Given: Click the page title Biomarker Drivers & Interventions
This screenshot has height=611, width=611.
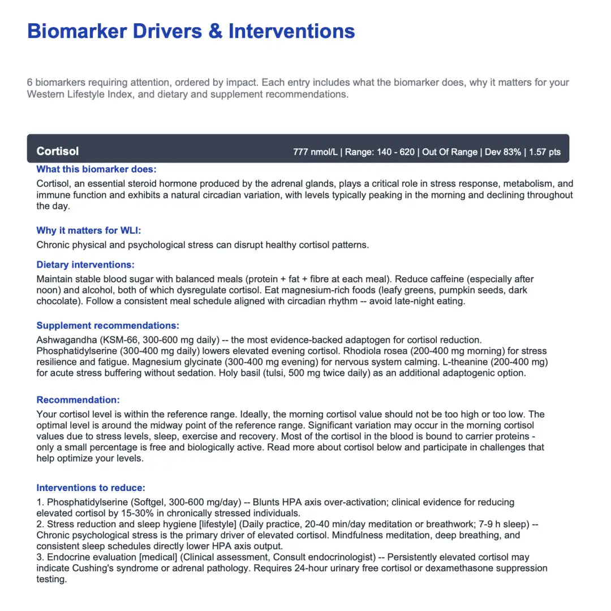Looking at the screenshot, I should click(x=191, y=31).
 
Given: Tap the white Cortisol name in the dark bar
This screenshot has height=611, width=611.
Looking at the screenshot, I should click(x=58, y=151).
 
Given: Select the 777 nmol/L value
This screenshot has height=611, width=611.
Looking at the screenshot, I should click(x=315, y=152).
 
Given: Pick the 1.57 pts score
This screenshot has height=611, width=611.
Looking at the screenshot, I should click(x=545, y=152).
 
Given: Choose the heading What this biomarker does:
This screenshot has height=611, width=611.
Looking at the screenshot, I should click(x=96, y=169).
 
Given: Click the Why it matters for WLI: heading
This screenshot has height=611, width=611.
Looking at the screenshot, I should click(x=89, y=230).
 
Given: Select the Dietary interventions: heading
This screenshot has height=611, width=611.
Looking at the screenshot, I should click(x=85, y=265).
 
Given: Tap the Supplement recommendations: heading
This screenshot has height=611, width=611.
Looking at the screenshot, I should click(x=107, y=325).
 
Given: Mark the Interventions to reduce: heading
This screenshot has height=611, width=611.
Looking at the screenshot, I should click(x=91, y=488).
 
